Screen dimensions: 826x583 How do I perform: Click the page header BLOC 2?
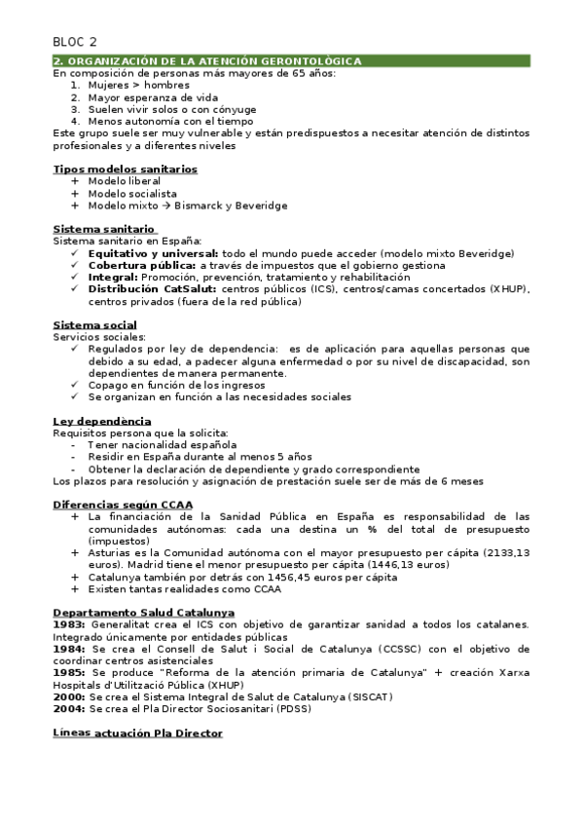click(75, 41)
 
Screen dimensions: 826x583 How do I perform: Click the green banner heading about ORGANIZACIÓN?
click(207, 61)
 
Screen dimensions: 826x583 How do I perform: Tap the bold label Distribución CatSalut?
click(152, 289)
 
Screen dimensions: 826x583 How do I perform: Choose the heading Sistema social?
click(94, 324)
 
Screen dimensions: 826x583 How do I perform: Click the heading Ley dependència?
click(99, 421)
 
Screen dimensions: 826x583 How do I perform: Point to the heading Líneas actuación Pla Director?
click(137, 732)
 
